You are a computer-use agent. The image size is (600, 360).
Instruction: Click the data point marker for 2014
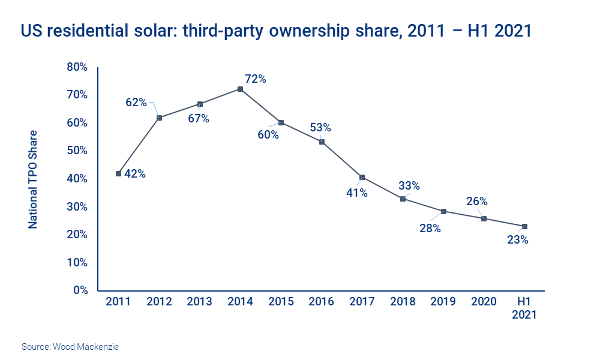(x=240, y=89)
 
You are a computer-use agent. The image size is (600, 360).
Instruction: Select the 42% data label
(x=134, y=174)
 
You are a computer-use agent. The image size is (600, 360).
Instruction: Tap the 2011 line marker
(x=118, y=173)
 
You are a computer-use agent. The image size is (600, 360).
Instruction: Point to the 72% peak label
(x=255, y=79)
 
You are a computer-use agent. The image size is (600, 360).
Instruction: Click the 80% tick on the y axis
(x=77, y=67)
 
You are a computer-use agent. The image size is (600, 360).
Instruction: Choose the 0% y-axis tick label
(x=80, y=290)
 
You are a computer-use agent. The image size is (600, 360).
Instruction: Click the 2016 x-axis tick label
(x=321, y=302)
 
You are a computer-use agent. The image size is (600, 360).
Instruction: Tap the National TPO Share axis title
(x=34, y=179)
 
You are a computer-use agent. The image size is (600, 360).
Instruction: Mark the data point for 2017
(x=362, y=178)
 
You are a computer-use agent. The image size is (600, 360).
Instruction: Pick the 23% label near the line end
(x=517, y=240)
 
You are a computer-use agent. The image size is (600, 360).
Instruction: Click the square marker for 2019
(x=443, y=211)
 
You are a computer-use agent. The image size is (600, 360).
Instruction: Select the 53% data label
(x=320, y=127)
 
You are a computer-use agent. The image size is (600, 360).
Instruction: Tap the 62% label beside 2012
(x=136, y=103)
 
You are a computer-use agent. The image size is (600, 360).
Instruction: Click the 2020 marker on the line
(x=484, y=218)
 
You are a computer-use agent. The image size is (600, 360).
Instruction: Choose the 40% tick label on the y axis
(x=77, y=179)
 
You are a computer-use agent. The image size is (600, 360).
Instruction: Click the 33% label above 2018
(x=409, y=185)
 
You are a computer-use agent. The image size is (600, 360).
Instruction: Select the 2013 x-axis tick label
(x=199, y=302)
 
